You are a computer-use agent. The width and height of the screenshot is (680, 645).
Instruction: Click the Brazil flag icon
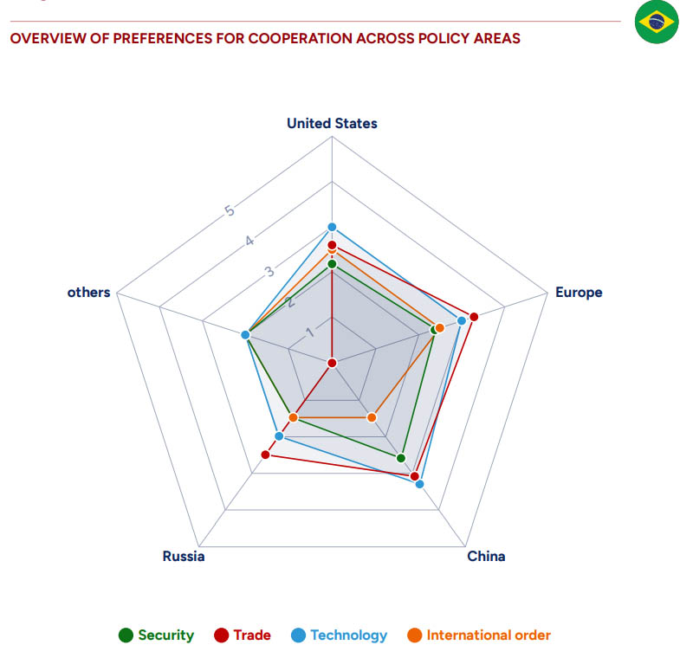(x=656, y=23)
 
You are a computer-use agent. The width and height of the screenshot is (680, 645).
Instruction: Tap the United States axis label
(x=332, y=123)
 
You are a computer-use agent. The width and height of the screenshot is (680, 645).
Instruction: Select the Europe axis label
(x=578, y=292)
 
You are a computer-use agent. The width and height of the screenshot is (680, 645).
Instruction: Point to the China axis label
(x=486, y=556)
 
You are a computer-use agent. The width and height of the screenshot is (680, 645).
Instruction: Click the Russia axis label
(x=184, y=556)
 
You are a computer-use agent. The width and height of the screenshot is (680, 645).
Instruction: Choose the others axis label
(x=89, y=292)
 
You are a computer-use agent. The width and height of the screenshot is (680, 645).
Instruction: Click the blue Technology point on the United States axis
(x=332, y=227)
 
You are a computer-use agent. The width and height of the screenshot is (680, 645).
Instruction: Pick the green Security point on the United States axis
(x=332, y=264)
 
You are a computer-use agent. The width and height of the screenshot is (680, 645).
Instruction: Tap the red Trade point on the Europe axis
(x=474, y=315)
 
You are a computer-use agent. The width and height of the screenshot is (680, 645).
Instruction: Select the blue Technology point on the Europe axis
(x=462, y=320)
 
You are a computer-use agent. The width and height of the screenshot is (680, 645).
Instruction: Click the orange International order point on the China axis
(x=372, y=417)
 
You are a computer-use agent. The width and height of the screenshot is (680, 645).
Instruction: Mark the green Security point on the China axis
(x=401, y=457)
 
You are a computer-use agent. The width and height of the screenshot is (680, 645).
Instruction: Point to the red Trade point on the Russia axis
(x=265, y=454)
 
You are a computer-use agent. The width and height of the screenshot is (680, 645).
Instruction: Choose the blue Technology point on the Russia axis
(x=278, y=435)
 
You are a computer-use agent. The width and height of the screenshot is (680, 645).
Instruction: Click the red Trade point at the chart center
(x=332, y=362)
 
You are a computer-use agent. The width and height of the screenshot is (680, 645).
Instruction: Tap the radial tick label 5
(x=230, y=210)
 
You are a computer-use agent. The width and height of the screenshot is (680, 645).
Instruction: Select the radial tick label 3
(x=269, y=271)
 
